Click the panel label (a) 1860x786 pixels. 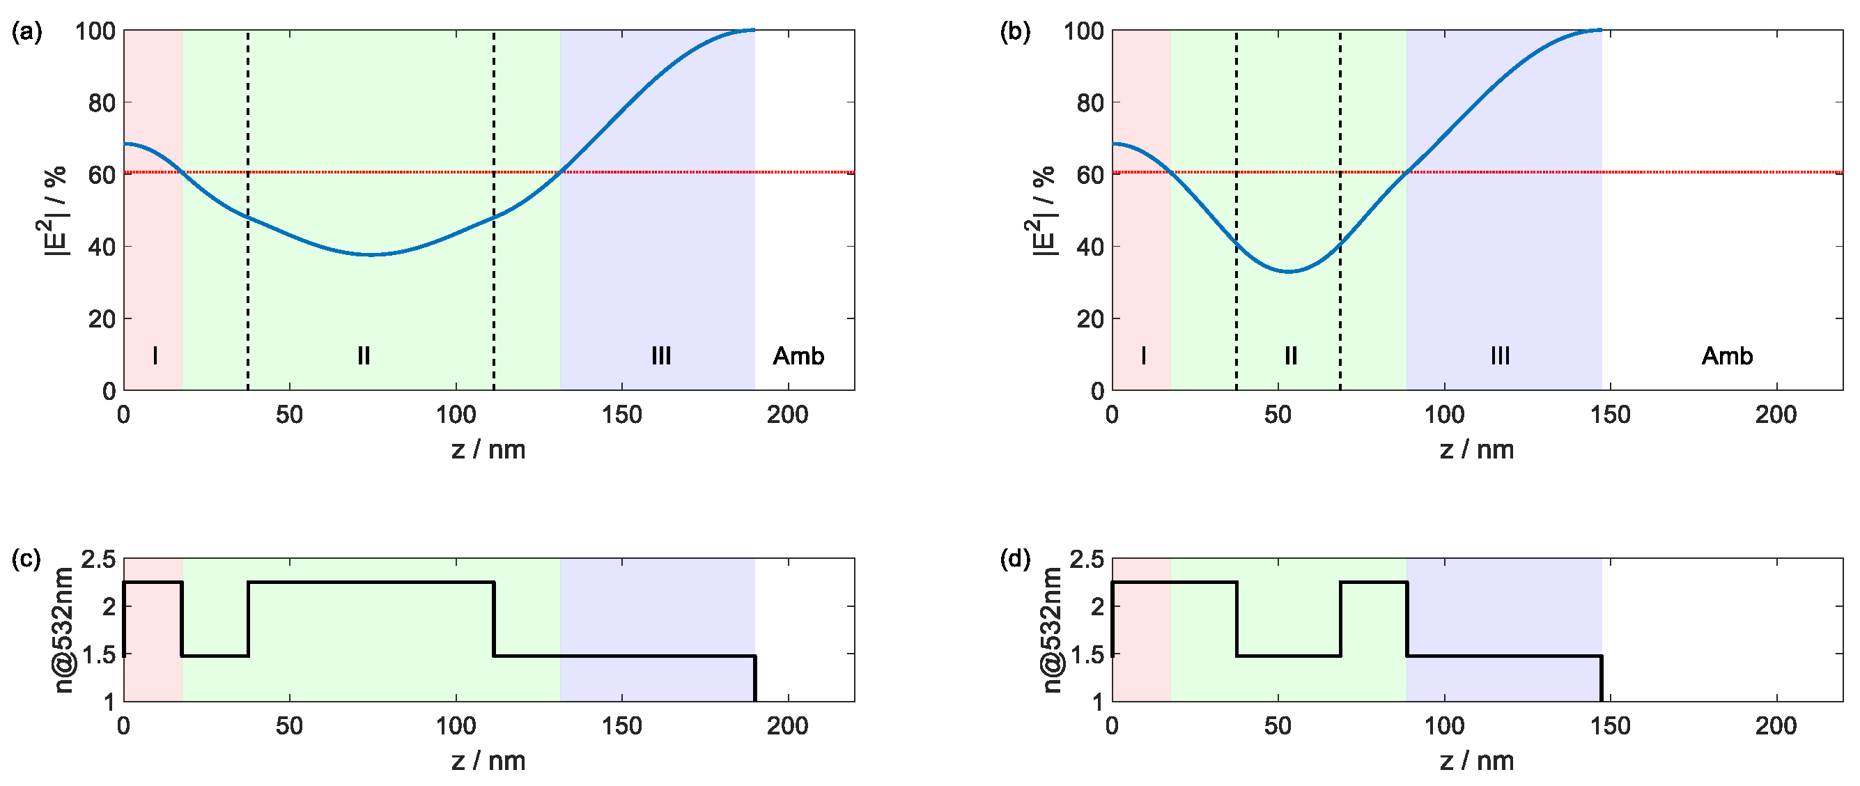[26, 33]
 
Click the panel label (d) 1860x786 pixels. [1015, 560]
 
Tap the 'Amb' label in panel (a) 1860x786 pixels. [798, 356]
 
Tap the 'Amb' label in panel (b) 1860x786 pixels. [1726, 356]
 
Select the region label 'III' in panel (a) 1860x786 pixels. [660, 356]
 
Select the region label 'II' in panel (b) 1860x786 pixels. [1290, 356]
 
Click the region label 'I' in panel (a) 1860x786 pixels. [155, 356]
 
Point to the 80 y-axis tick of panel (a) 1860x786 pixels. [102, 103]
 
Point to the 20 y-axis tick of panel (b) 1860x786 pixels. [1090, 319]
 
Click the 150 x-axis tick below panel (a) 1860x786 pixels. [621, 415]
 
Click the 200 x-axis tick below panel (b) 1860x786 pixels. [1776, 415]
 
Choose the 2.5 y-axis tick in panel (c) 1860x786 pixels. [98, 560]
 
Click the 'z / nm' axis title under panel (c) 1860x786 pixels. [488, 761]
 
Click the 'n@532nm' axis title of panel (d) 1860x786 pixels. [1053, 630]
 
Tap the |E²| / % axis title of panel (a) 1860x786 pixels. [56, 211]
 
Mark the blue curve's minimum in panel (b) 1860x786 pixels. [1289, 272]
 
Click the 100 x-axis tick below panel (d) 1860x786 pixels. [1443, 726]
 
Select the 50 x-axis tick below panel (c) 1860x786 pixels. [290, 726]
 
